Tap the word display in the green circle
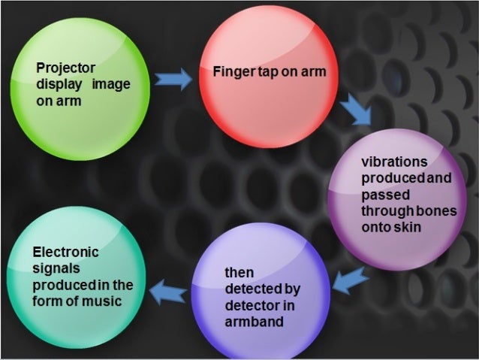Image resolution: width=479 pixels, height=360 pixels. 56,84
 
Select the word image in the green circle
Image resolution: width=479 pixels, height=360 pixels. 111,84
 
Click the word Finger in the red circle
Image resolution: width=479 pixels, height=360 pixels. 231,73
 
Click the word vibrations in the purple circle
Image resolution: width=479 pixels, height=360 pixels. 394,162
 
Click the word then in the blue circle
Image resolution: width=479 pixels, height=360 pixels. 241,272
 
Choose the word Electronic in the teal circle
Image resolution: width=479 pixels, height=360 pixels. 65,253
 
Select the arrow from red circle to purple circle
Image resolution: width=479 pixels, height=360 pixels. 355,111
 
